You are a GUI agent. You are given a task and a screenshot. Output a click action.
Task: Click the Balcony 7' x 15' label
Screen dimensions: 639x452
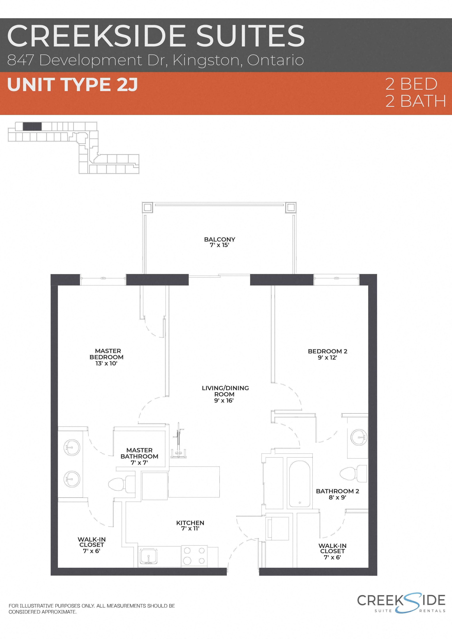coord(220,242)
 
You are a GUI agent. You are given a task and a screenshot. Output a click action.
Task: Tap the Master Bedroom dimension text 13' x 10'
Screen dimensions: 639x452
coord(106,363)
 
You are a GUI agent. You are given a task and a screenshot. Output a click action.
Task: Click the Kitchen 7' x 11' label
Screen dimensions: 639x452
coord(190,526)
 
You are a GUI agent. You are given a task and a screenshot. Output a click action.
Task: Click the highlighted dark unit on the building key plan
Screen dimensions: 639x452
coord(32,126)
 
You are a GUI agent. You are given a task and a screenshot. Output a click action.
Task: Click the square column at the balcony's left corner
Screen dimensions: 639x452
coord(147,207)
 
